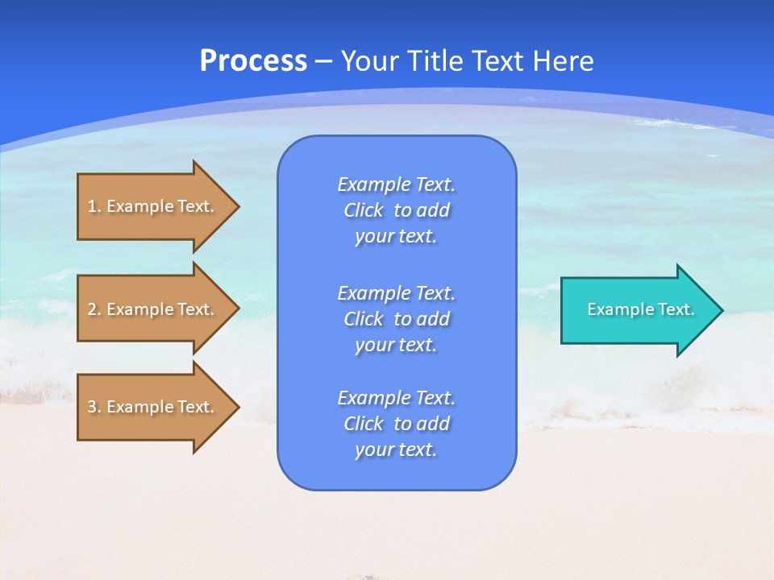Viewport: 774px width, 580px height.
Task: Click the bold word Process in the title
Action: pos(253,61)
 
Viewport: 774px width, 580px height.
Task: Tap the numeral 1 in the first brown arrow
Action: pos(92,206)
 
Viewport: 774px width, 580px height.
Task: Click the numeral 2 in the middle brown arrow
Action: pos(92,309)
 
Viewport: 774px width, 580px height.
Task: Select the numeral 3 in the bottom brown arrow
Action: pos(92,407)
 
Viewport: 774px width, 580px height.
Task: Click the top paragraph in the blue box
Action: pos(396,210)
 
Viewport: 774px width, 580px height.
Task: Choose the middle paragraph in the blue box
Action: pos(396,319)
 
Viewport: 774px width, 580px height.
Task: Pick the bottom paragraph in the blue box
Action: pos(396,424)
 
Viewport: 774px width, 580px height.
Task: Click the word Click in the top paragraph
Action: pos(364,210)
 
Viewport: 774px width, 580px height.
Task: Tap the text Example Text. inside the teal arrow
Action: pos(640,309)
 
